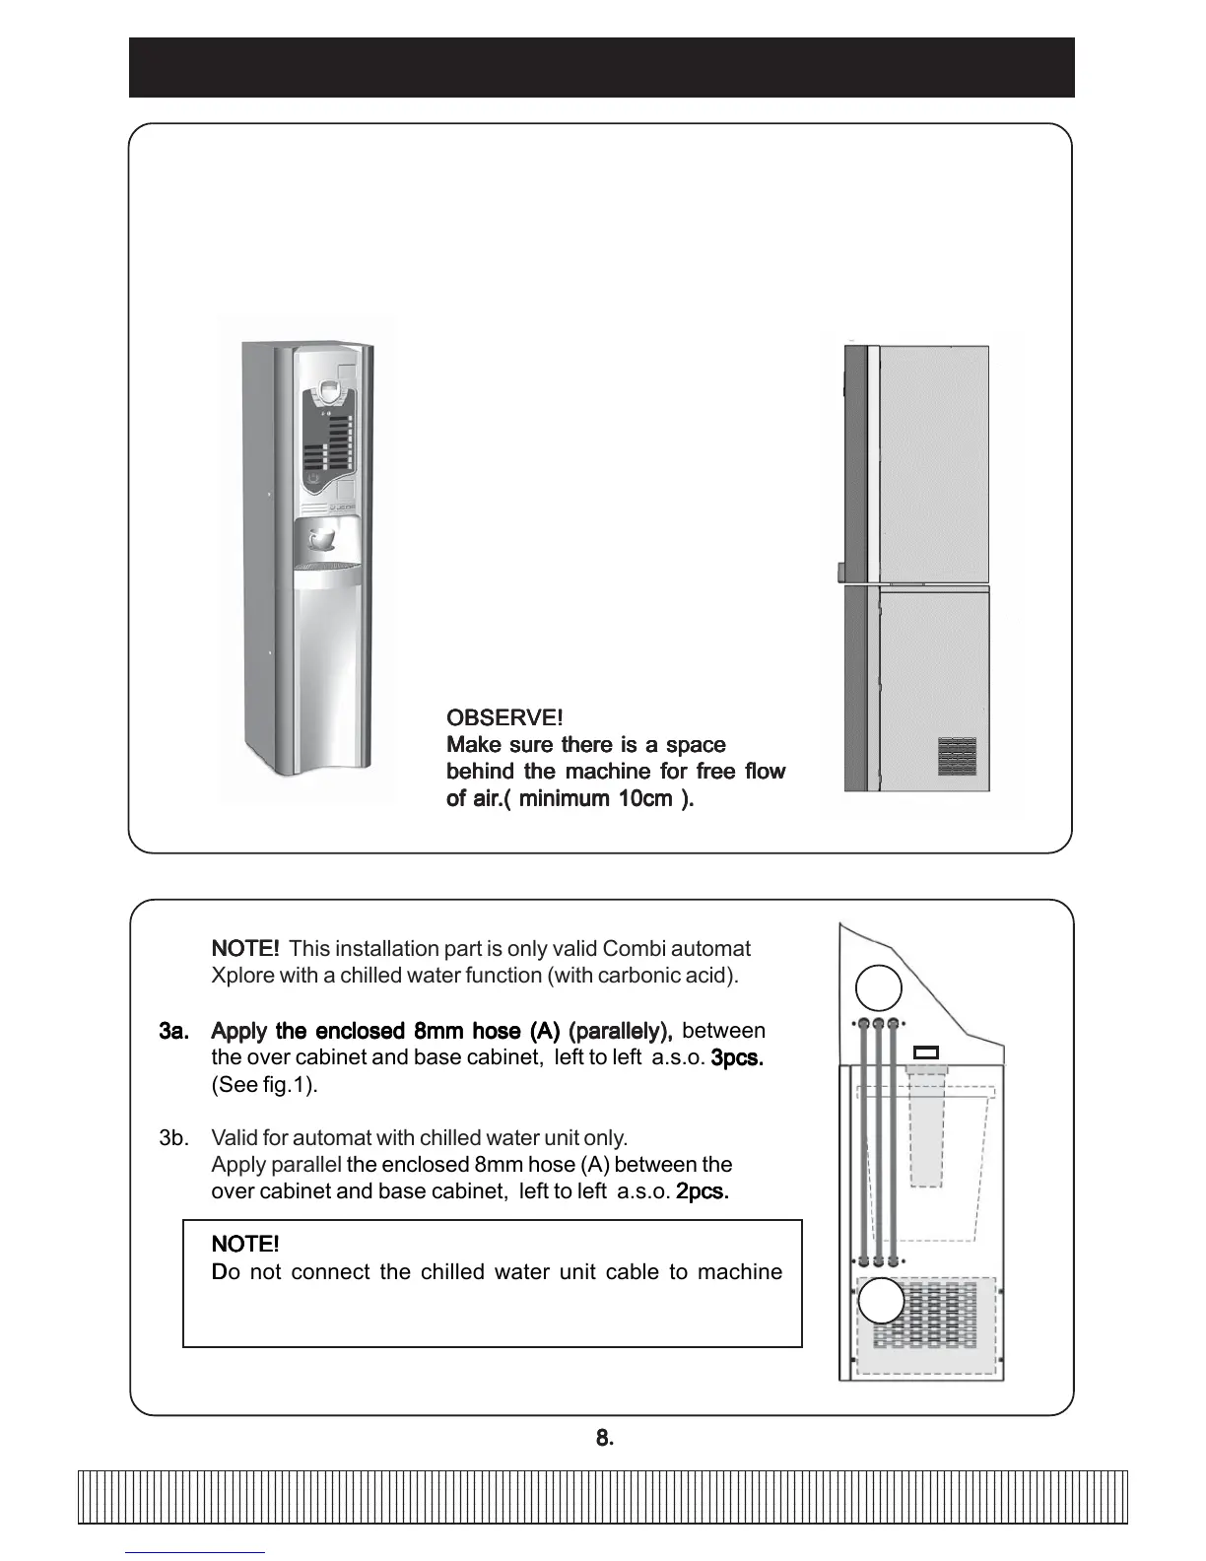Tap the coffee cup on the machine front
(x=321, y=539)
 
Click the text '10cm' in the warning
(x=644, y=798)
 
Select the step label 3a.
(x=173, y=1031)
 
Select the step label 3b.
(x=173, y=1138)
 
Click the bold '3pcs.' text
(x=737, y=1058)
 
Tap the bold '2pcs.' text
(x=702, y=1191)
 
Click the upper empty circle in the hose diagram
(x=879, y=987)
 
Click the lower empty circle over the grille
(x=881, y=1301)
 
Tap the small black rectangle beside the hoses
(x=927, y=1052)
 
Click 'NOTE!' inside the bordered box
(x=245, y=1245)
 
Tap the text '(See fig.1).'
(x=264, y=1085)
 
